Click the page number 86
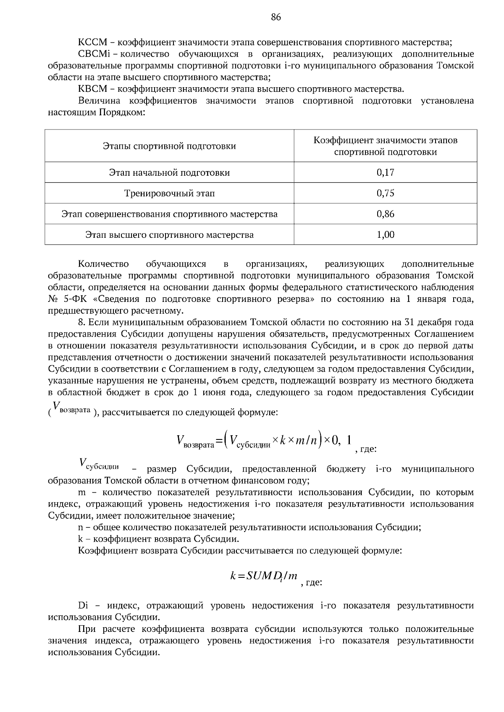(x=276, y=17)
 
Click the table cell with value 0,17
(x=385, y=172)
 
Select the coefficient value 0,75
(x=385, y=193)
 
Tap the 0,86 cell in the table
(x=385, y=214)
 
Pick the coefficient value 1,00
(x=385, y=235)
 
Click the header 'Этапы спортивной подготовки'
(x=169, y=146)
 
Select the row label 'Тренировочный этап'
(x=169, y=193)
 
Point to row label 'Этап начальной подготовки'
(x=169, y=172)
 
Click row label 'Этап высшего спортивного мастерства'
(x=169, y=235)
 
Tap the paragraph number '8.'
(x=82, y=322)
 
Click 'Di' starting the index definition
(x=83, y=605)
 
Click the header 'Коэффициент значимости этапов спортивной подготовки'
(x=385, y=146)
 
